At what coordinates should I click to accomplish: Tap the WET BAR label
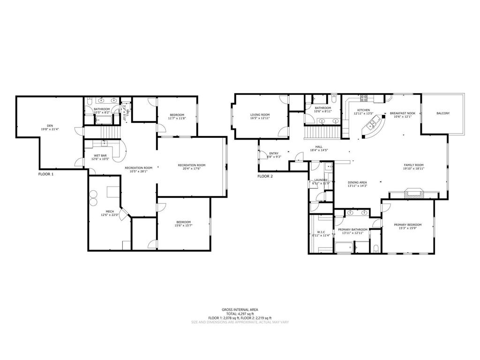pyautogui.click(x=100, y=155)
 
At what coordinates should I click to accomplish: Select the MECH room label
pyautogui.click(x=110, y=211)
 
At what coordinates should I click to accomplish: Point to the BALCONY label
pyautogui.click(x=443, y=113)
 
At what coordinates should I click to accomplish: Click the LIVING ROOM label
pyautogui.click(x=260, y=114)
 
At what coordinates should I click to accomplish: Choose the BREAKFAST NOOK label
pyautogui.click(x=402, y=113)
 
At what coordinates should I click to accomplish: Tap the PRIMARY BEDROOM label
pyautogui.click(x=407, y=225)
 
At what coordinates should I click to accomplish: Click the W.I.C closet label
pyautogui.click(x=321, y=232)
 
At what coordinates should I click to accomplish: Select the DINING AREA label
pyautogui.click(x=357, y=182)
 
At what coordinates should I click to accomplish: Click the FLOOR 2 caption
pyautogui.click(x=265, y=176)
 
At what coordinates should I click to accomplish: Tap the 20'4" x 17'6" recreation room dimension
pyautogui.click(x=191, y=169)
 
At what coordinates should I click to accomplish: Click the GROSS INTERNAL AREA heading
pyautogui.click(x=240, y=309)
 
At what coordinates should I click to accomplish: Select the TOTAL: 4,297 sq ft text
pyautogui.click(x=240, y=314)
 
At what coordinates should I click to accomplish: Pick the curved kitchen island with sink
pyautogui.click(x=374, y=126)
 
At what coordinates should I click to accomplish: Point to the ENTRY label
pyautogui.click(x=273, y=153)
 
